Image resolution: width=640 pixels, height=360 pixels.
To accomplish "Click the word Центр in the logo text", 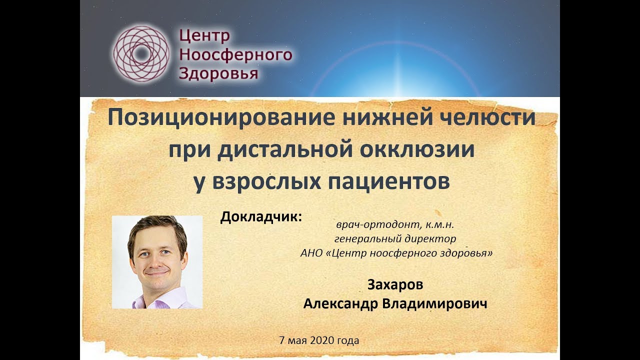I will coord(205,36).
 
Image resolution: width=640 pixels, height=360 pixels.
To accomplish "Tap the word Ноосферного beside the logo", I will coord(235,54).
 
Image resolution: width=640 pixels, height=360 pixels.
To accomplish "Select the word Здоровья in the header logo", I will coord(218,73).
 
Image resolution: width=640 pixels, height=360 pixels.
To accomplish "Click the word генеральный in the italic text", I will coord(369,239).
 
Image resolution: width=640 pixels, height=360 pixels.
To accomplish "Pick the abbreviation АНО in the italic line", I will coord(311,252).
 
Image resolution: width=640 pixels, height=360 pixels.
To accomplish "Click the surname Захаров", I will coord(395,285).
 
